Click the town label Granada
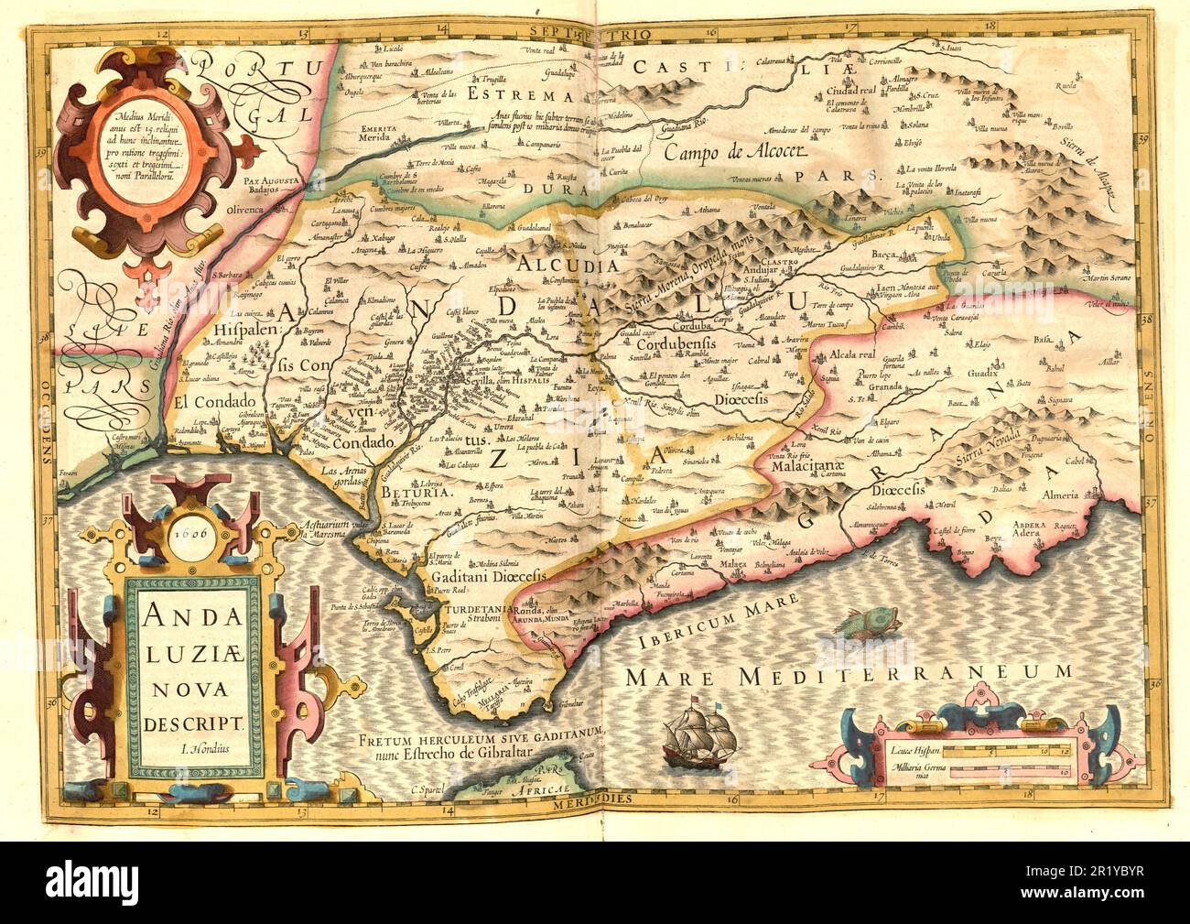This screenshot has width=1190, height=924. tap(878, 387)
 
